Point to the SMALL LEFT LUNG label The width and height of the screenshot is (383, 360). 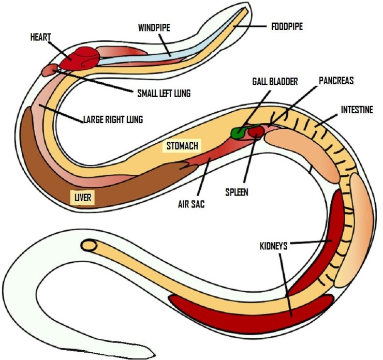point(164,93)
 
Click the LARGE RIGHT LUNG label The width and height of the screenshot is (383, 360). point(113,119)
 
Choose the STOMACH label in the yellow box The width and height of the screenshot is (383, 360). point(181,146)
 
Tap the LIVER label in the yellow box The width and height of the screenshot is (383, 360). point(82,198)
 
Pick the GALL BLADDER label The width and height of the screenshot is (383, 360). point(275,82)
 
